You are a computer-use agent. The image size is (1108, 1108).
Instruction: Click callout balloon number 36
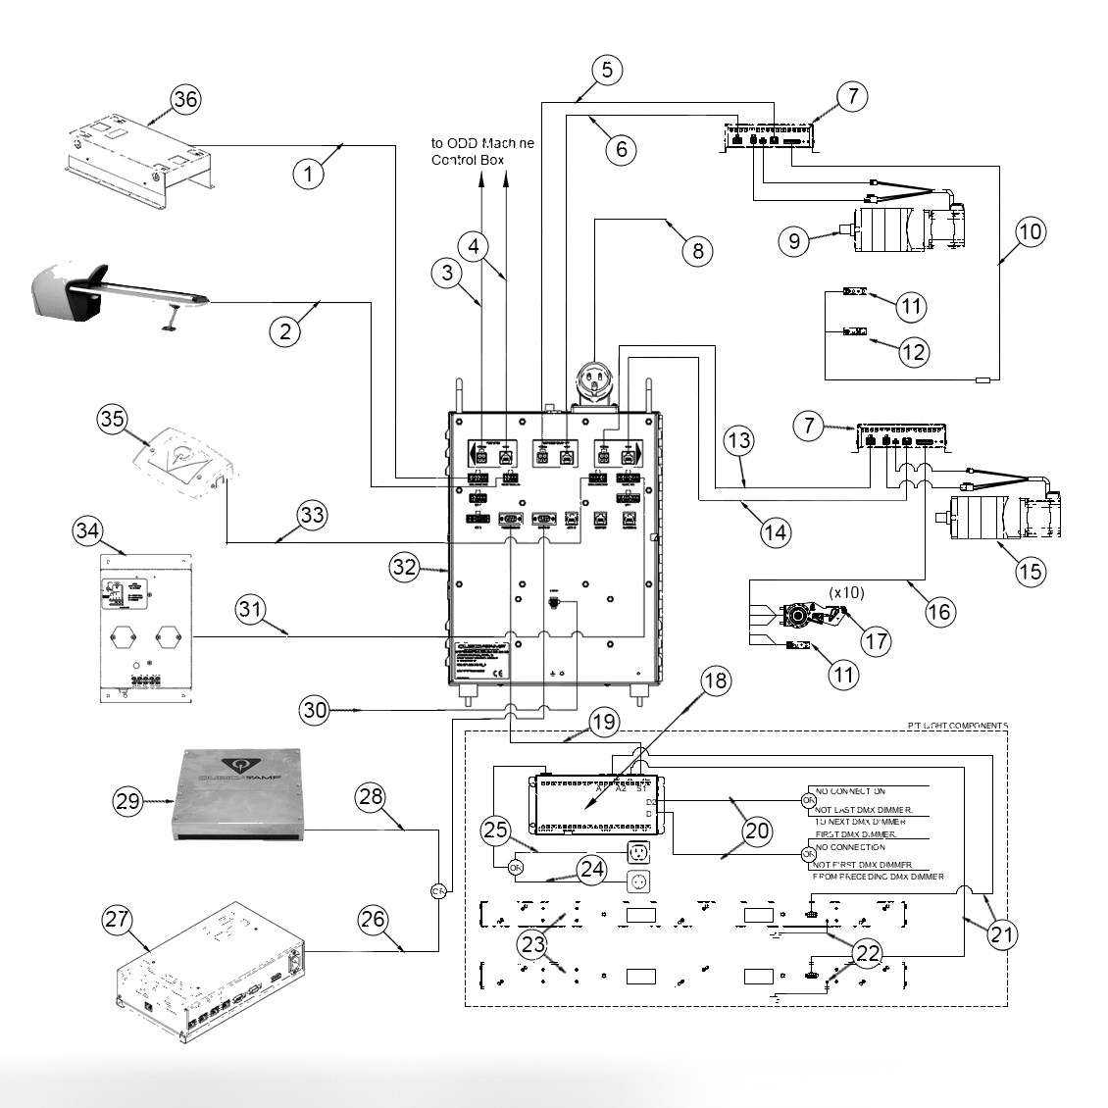point(185,99)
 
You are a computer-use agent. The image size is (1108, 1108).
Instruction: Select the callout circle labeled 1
point(309,174)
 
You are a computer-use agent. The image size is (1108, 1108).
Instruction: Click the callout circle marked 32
point(405,567)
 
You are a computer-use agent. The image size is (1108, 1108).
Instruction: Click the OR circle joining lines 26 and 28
point(437,890)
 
